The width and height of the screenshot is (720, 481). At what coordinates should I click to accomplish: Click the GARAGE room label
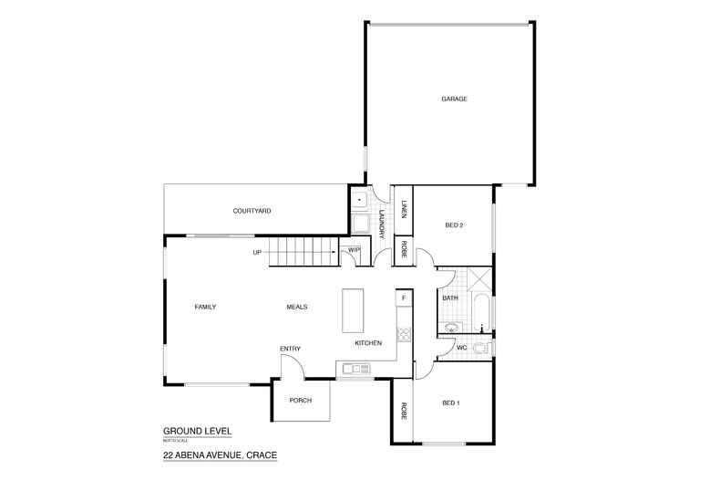454,99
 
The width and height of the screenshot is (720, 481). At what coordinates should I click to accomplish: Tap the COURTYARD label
252,211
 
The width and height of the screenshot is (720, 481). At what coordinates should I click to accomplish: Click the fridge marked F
402,298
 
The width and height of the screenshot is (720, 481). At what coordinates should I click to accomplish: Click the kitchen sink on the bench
353,369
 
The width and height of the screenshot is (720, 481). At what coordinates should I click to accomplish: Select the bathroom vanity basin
451,328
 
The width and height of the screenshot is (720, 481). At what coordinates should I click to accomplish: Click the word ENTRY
291,349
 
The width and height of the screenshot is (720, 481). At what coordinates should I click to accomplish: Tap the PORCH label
300,401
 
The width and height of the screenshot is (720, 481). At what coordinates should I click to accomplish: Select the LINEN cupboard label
402,209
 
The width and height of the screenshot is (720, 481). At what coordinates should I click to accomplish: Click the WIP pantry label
353,250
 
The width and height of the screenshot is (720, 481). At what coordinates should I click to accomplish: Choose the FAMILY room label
205,307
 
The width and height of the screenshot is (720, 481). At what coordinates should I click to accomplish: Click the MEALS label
296,307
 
